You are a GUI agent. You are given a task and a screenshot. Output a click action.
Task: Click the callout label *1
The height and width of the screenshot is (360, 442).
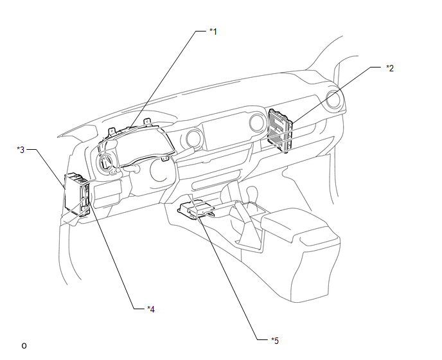coord(213,32)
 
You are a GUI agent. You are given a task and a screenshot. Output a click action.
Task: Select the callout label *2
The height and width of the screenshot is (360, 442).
coord(390,68)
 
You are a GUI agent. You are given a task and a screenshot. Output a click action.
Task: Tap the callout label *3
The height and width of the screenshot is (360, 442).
coord(21,150)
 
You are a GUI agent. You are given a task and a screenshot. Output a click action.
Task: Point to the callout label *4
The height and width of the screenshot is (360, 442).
coord(151,309)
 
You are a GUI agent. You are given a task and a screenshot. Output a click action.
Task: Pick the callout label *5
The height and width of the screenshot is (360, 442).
coord(275,341)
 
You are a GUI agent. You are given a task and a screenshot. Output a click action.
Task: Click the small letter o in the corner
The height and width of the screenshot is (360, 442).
coord(24,346)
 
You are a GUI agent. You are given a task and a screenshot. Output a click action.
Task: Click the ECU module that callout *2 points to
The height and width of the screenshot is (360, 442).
coord(279,130)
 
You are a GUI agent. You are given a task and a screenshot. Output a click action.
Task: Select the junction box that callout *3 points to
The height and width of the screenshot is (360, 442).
coord(77,195)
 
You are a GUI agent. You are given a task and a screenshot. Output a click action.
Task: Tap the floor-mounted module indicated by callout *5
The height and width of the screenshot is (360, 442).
coord(196,210)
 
